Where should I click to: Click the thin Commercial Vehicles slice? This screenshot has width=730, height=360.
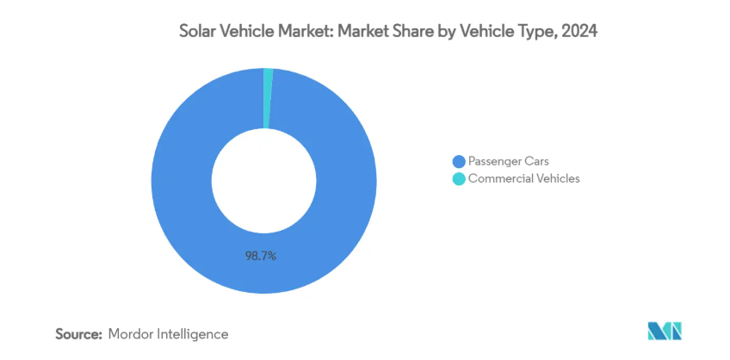[268, 98]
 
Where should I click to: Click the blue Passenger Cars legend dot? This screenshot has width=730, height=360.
[459, 161]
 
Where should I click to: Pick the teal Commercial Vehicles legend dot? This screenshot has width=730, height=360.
[459, 179]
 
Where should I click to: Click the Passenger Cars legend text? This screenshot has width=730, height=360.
[508, 161]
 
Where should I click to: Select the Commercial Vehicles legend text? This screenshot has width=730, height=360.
[523, 179]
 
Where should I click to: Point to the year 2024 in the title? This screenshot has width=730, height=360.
[579, 32]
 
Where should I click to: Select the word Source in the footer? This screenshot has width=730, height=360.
[79, 333]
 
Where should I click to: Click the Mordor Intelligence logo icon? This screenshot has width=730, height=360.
[664, 332]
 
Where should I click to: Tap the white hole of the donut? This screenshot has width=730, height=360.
[263, 181]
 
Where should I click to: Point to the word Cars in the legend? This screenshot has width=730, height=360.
[536, 161]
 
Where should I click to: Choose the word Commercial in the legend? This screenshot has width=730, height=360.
[500, 179]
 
